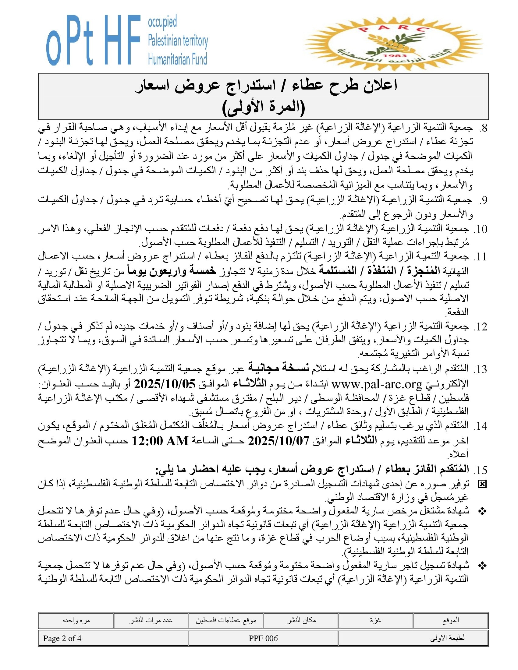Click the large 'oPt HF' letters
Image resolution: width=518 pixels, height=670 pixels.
tap(92, 41)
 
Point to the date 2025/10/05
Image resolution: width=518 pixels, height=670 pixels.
tap(165, 384)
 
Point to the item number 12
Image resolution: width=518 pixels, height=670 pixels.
tap(481, 327)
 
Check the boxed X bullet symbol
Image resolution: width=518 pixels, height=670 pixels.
tap(482, 485)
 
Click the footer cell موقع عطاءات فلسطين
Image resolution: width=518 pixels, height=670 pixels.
tap(226, 620)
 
